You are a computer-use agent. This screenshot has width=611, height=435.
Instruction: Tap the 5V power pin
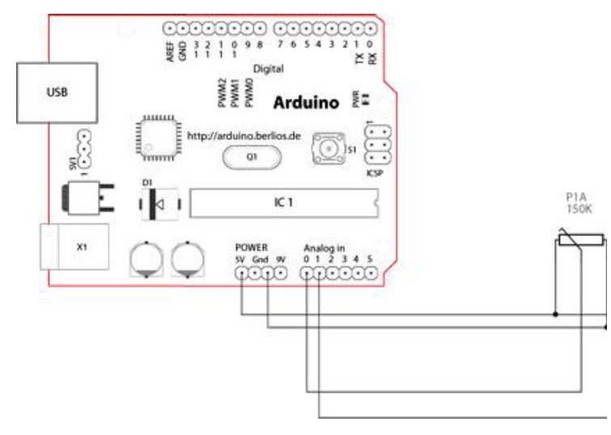pos(240,274)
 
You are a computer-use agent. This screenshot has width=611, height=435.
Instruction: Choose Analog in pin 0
pos(307,274)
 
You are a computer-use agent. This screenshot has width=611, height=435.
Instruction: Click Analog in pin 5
pos(370,274)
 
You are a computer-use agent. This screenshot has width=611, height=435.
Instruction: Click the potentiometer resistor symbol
pos(578,239)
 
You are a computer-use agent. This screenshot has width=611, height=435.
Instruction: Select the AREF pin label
pos(170,53)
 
